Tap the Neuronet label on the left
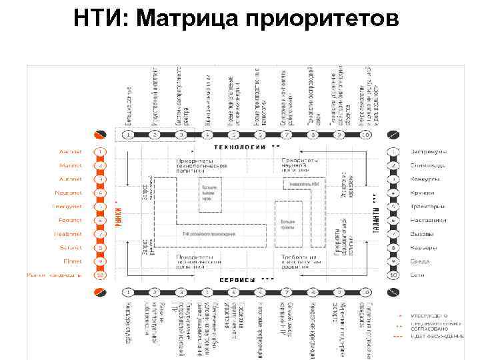pyautogui.click(x=68, y=193)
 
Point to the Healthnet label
pyautogui.click(x=67, y=234)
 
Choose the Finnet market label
pyautogui.click(x=72, y=261)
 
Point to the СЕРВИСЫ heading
pyautogui.click(x=239, y=279)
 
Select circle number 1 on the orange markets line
pyautogui.click(x=100, y=152)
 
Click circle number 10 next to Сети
pyautogui.click(x=394, y=275)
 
